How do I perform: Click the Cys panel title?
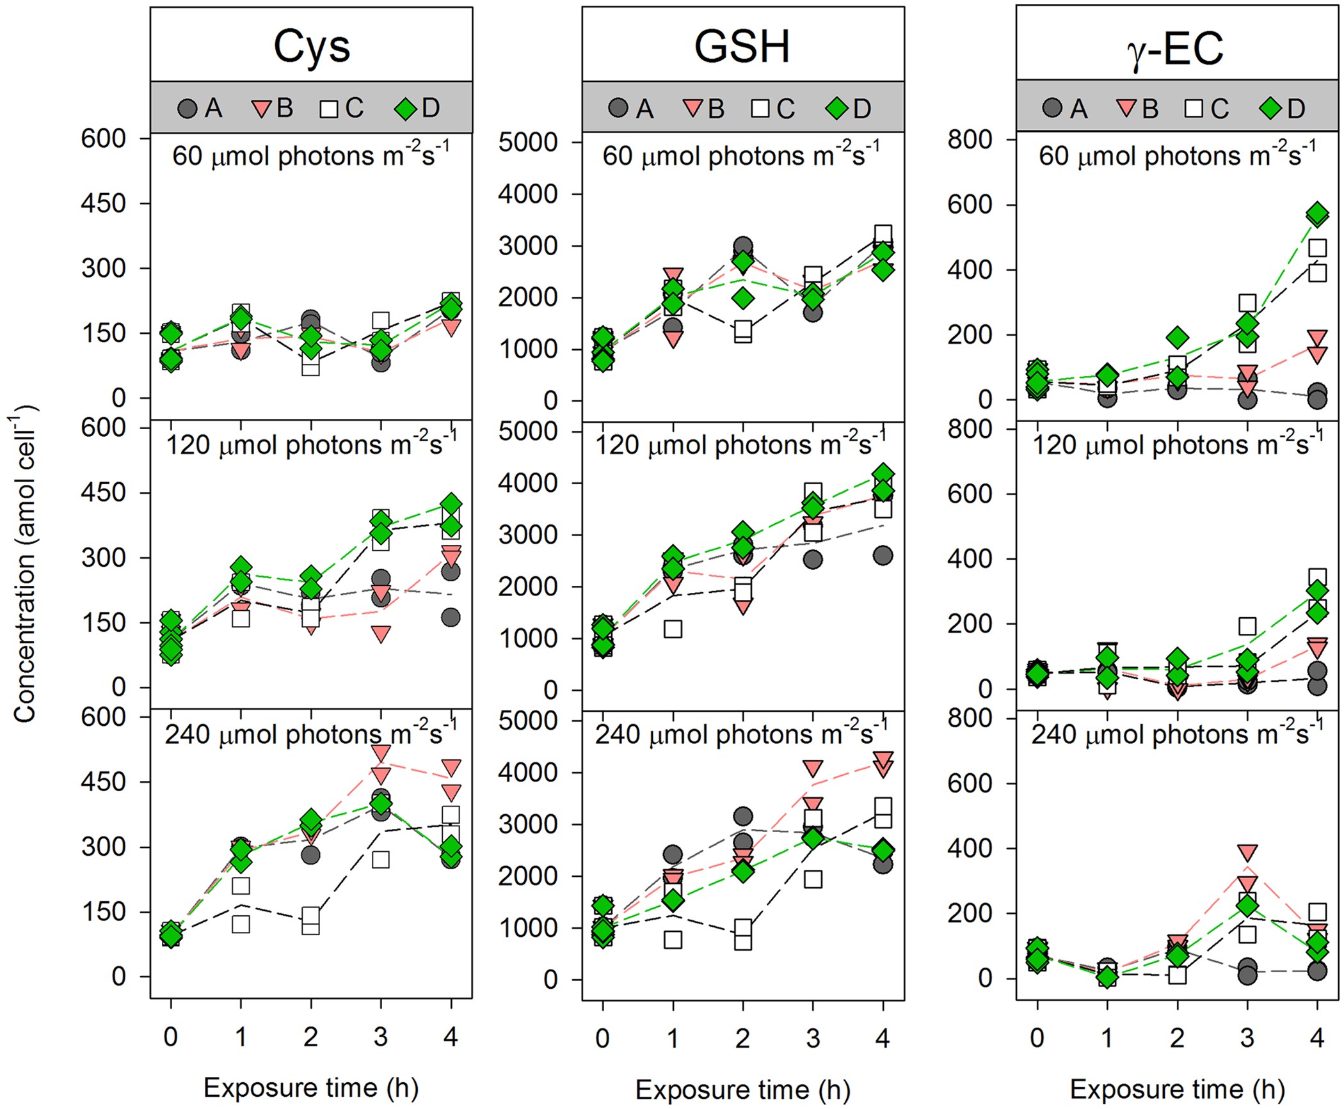[312, 47]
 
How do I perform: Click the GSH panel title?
[742, 47]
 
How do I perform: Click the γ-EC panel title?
[1175, 47]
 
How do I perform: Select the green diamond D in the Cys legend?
[405, 109]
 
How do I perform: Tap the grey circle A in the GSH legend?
[618, 108]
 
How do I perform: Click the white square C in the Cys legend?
[329, 109]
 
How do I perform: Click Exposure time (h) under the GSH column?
[742, 1089]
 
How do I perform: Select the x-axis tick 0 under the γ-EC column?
[1037, 1037]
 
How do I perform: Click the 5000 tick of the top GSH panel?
[528, 142]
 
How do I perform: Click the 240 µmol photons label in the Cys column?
[311, 734]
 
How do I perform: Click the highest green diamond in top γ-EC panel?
[1317, 214]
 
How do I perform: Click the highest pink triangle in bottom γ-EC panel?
[1247, 853]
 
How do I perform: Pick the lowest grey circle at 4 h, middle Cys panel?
[451, 617]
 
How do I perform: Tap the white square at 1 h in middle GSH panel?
[673, 629]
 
